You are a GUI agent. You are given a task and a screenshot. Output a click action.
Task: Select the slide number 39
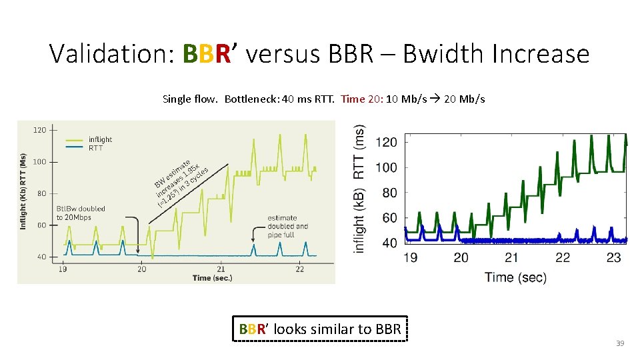tap(619, 343)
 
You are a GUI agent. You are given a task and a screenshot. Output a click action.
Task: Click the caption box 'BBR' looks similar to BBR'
tap(320, 329)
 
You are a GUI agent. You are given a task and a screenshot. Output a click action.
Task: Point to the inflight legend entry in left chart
tap(100, 139)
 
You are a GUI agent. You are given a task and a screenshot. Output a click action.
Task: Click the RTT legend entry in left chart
tap(95, 148)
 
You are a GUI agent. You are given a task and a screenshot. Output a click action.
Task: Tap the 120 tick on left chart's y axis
tap(39, 130)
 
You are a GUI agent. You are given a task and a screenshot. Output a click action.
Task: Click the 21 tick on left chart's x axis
tap(221, 269)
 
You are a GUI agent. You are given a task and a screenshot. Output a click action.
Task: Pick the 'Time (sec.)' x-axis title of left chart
tap(211, 278)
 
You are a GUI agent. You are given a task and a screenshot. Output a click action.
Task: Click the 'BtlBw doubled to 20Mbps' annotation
tap(81, 213)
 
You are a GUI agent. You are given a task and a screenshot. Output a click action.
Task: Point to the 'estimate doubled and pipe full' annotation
tap(287, 226)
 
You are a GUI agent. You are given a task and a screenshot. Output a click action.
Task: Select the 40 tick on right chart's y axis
tap(389, 243)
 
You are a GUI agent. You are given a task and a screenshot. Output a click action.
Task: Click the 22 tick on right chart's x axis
tap(563, 257)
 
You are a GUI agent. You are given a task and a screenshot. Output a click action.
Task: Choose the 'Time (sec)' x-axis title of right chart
tap(515, 277)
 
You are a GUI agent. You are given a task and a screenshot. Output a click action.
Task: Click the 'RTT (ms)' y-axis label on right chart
tap(360, 152)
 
